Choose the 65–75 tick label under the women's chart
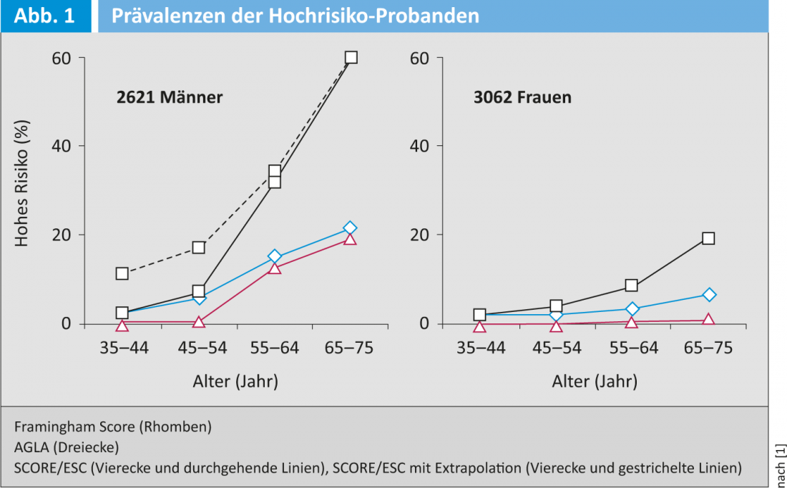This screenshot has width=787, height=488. pos(708,348)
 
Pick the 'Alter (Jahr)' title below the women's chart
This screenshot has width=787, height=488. pos(594,381)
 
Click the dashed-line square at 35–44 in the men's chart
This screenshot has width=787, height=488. pos(122,273)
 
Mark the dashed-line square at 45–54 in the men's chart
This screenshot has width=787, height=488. pos(199,248)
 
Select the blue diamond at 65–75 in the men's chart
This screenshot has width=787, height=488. pos(350,228)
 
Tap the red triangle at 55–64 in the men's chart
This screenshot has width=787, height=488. pos(275,268)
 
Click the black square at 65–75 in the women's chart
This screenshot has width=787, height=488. pos(708,238)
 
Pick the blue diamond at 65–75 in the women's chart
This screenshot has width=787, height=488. pos(708,295)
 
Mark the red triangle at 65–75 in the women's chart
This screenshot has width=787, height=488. pos(708,320)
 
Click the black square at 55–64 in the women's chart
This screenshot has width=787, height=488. pos(632,286)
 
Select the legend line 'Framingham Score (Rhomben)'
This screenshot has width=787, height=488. pos(112,426)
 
